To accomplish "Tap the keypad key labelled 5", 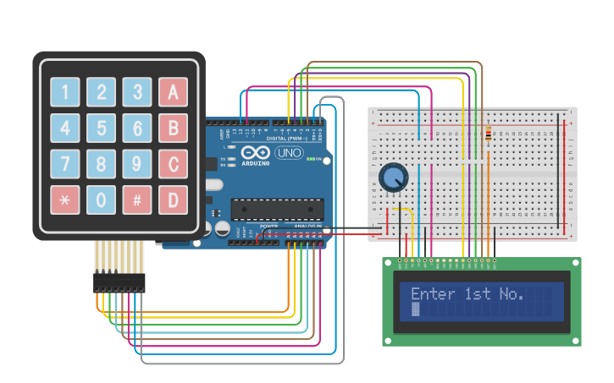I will click(x=101, y=129).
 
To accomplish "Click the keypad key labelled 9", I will click(x=136, y=164).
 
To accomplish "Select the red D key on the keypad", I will click(x=173, y=200).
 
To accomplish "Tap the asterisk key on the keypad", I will click(x=64, y=200).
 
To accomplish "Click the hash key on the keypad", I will click(x=136, y=200).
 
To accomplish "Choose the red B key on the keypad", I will click(x=173, y=129).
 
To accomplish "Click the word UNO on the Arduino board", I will click(x=290, y=154).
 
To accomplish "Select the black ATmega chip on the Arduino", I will click(x=277, y=208).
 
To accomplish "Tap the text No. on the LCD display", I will click(x=511, y=294).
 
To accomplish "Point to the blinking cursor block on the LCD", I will click(x=416, y=310).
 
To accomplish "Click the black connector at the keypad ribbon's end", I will click(x=119, y=282).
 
